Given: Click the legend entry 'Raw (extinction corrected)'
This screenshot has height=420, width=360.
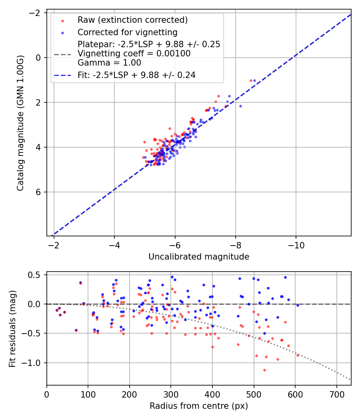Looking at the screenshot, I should coord(132,20).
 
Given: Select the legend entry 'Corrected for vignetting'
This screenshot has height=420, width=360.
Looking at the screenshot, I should coord(127,32).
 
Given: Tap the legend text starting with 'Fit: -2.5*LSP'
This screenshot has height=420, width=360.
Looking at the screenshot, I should coord(136,75).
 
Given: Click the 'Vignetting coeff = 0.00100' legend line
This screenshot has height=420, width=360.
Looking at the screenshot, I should coord(134,54).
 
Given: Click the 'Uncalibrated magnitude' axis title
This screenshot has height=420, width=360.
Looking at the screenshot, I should coord(199,257).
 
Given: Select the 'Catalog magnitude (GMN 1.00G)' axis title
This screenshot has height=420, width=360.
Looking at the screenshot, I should coord(20,123).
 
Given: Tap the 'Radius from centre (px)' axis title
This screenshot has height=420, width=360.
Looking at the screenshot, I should coord(199,406).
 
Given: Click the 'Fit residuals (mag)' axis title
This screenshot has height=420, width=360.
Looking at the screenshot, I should coord(12,328).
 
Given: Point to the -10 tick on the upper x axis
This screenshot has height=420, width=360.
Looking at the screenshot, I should coord(296,244).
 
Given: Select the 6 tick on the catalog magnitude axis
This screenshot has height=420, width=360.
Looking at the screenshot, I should coord(39,192).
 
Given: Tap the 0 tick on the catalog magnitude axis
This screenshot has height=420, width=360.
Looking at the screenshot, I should coord(39,58).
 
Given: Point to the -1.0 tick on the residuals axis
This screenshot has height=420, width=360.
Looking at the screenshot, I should coord(34,363).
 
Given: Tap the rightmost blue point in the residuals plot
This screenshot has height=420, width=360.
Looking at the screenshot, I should coord(298,305).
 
